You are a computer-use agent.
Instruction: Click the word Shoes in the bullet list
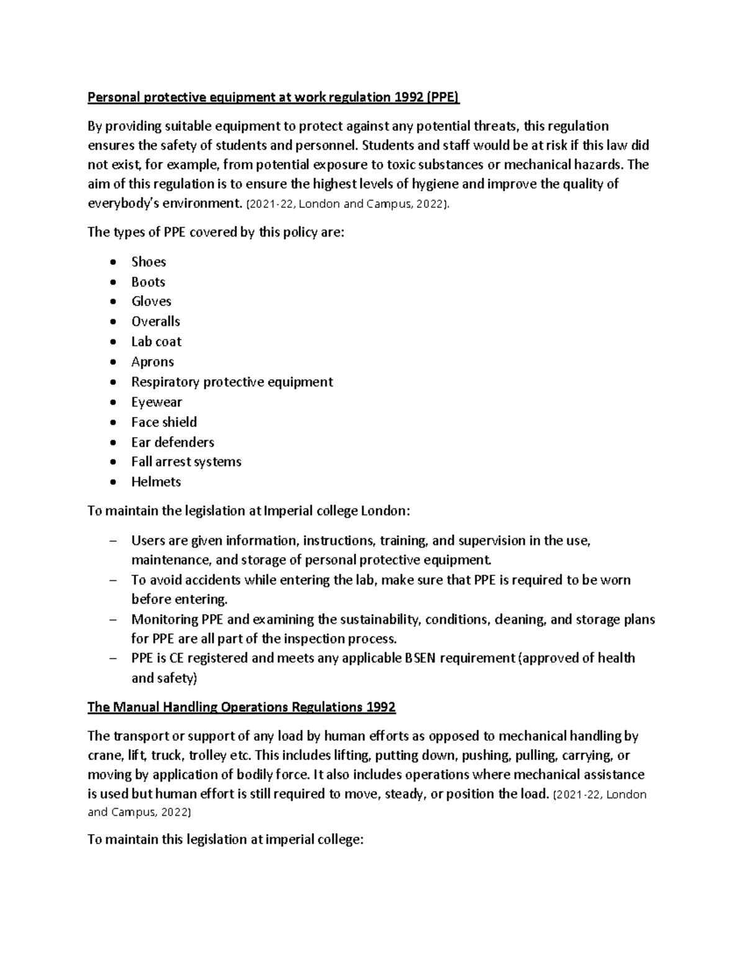[x=148, y=261]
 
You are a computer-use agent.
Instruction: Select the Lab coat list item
[x=156, y=341]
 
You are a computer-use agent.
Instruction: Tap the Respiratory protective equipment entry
[x=232, y=382]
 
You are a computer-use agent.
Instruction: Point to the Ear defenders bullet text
[x=173, y=442]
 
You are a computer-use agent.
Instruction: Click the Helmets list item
[x=156, y=482]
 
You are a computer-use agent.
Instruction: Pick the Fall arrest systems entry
[x=186, y=462]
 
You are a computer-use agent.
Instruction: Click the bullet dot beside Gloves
[x=112, y=302]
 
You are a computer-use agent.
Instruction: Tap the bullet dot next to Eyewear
[x=112, y=403]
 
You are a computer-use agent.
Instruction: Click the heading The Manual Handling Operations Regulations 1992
[x=242, y=707]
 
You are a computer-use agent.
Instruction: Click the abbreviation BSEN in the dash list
[x=422, y=658]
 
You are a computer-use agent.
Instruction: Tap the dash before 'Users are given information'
[x=112, y=541]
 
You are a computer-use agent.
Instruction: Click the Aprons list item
[x=152, y=362]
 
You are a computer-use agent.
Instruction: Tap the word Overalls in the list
[x=155, y=322]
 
